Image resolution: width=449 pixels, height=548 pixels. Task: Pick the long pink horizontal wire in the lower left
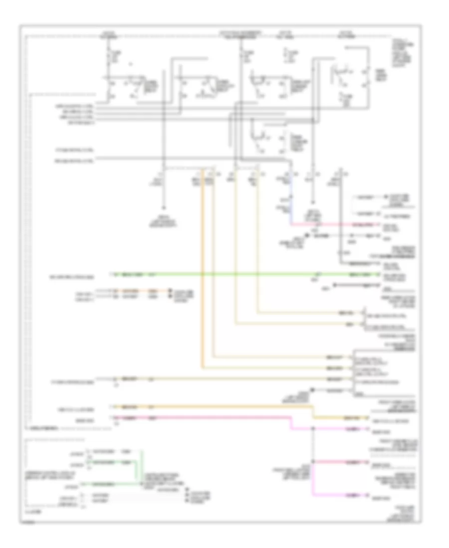coord(200,416)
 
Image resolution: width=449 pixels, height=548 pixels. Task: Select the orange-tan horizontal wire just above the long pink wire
coord(200,407)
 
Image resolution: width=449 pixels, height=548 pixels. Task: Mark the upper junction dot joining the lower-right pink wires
coord(313,428)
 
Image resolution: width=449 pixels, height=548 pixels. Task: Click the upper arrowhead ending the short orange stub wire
coord(170,290)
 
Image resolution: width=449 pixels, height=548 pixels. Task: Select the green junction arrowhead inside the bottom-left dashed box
coord(141,483)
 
